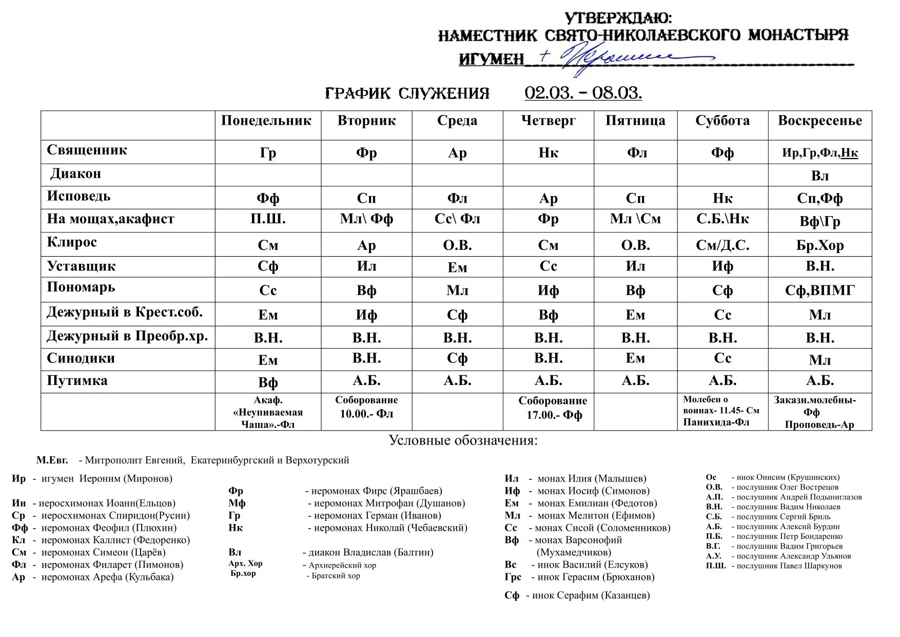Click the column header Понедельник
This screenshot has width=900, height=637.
tap(266, 121)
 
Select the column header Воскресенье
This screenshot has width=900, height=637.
tap(819, 121)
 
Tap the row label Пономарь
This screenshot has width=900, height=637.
tap(81, 287)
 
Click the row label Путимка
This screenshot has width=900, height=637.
tap(77, 381)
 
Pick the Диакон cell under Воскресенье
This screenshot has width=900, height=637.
tap(819, 176)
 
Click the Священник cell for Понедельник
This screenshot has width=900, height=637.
tap(268, 153)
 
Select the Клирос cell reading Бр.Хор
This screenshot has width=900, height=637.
tap(819, 245)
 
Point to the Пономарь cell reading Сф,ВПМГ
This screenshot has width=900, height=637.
tap(819, 291)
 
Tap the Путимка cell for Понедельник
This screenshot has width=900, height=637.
tap(268, 382)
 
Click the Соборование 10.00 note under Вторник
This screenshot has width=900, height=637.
tap(366, 407)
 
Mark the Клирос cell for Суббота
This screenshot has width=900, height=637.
tap(722, 245)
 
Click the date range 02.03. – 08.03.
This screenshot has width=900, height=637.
tap(583, 93)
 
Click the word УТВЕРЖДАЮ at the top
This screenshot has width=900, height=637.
tap(618, 18)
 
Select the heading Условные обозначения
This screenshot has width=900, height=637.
tap(463, 440)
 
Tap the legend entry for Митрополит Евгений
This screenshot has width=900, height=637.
tap(193, 460)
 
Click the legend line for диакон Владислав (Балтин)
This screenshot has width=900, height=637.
tap(330, 552)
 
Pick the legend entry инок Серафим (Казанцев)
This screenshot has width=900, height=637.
tap(577, 595)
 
